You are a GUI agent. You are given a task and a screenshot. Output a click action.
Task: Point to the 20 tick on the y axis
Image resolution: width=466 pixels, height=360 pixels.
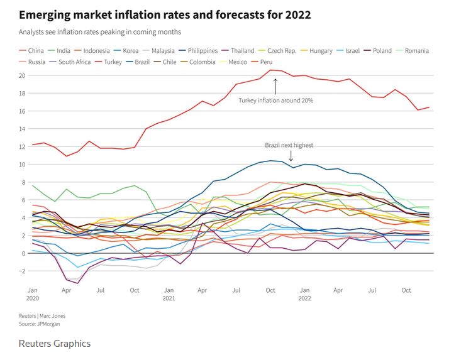(23, 75)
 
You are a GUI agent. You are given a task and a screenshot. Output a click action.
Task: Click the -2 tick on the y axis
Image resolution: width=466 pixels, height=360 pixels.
(23, 271)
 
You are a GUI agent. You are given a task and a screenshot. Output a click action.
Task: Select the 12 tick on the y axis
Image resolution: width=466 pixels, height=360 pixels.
(23, 146)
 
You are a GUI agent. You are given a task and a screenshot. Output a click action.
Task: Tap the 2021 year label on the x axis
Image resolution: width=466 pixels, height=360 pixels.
(169, 298)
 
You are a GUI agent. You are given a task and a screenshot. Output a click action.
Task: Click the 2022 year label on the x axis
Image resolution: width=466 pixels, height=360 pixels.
(304, 298)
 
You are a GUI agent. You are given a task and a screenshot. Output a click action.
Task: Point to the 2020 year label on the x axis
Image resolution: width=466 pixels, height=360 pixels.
(33, 298)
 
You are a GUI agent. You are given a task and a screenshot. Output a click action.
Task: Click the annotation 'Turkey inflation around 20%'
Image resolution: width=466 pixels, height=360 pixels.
(275, 101)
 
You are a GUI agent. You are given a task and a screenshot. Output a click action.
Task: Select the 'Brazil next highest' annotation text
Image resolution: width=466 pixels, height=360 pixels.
(289, 145)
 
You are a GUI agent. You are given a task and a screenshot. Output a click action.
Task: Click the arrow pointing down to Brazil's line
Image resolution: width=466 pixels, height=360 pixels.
(291, 155)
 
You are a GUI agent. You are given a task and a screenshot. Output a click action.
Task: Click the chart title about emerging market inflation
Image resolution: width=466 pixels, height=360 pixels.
(165, 14)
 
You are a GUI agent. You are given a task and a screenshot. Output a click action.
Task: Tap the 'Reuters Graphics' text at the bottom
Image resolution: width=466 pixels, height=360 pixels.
(55, 344)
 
